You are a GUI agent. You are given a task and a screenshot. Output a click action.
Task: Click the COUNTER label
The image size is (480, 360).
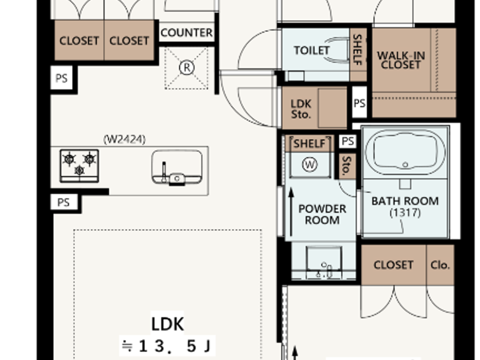coord(187,33)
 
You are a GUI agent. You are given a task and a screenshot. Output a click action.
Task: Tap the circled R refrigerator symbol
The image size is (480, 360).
coord(187,68)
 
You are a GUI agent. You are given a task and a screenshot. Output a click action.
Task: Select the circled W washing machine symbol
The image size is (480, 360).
coord(310,165)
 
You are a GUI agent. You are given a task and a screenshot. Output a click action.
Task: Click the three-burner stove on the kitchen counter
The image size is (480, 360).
coord(79,166)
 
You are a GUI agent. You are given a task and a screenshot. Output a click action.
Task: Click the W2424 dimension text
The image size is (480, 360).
coord(124,139)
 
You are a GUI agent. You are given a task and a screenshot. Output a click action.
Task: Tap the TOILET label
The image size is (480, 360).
coord(311,50)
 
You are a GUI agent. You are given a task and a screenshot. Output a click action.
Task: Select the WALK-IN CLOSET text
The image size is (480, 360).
coord(401,60)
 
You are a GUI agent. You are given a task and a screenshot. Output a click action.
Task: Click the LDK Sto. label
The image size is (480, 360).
coord(301,109)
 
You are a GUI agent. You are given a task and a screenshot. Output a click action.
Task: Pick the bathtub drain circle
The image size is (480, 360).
coord(405,165)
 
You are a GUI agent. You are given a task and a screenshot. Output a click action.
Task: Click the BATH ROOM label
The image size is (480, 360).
coord(405,201)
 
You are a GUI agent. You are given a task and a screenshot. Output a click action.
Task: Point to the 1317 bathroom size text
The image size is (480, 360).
coord(405,213)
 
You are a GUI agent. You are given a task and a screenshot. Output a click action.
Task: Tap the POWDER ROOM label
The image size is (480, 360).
coord(322,214)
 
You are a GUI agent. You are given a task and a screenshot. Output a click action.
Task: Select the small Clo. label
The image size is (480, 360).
coord(440,265)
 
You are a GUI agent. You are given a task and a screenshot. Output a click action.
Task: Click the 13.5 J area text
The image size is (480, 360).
coord(167,346)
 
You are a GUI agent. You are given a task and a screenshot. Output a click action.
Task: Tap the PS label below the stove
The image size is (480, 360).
coord(63,202)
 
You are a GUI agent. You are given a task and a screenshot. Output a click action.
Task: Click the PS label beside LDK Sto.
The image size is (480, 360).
coord(359,103)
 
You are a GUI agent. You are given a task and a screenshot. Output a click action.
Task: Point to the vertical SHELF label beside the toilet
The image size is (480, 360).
coord(357,50)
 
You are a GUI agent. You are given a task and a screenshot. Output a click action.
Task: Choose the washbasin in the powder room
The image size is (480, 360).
coord(324,261)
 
